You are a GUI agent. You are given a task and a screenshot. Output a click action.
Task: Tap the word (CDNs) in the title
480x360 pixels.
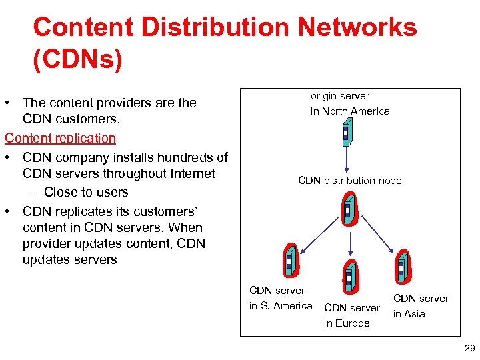coord(77,59)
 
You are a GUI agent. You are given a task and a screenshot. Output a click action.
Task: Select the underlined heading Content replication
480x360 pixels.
coord(60,138)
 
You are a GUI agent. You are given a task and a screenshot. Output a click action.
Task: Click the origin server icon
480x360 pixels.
coord(346,134)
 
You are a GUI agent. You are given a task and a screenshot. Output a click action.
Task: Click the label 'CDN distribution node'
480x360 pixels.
coord(349,181)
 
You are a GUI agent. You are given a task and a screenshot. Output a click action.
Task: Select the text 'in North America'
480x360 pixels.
coord(350,111)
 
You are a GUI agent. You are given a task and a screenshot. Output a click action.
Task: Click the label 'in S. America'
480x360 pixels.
coord(281,306)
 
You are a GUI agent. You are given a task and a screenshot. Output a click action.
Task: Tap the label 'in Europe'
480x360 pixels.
coord(347,323)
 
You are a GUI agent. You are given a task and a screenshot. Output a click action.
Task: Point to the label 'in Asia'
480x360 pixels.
coord(409,314)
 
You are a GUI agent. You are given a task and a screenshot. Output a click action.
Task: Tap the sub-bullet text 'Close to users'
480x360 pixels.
coord(86,192)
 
